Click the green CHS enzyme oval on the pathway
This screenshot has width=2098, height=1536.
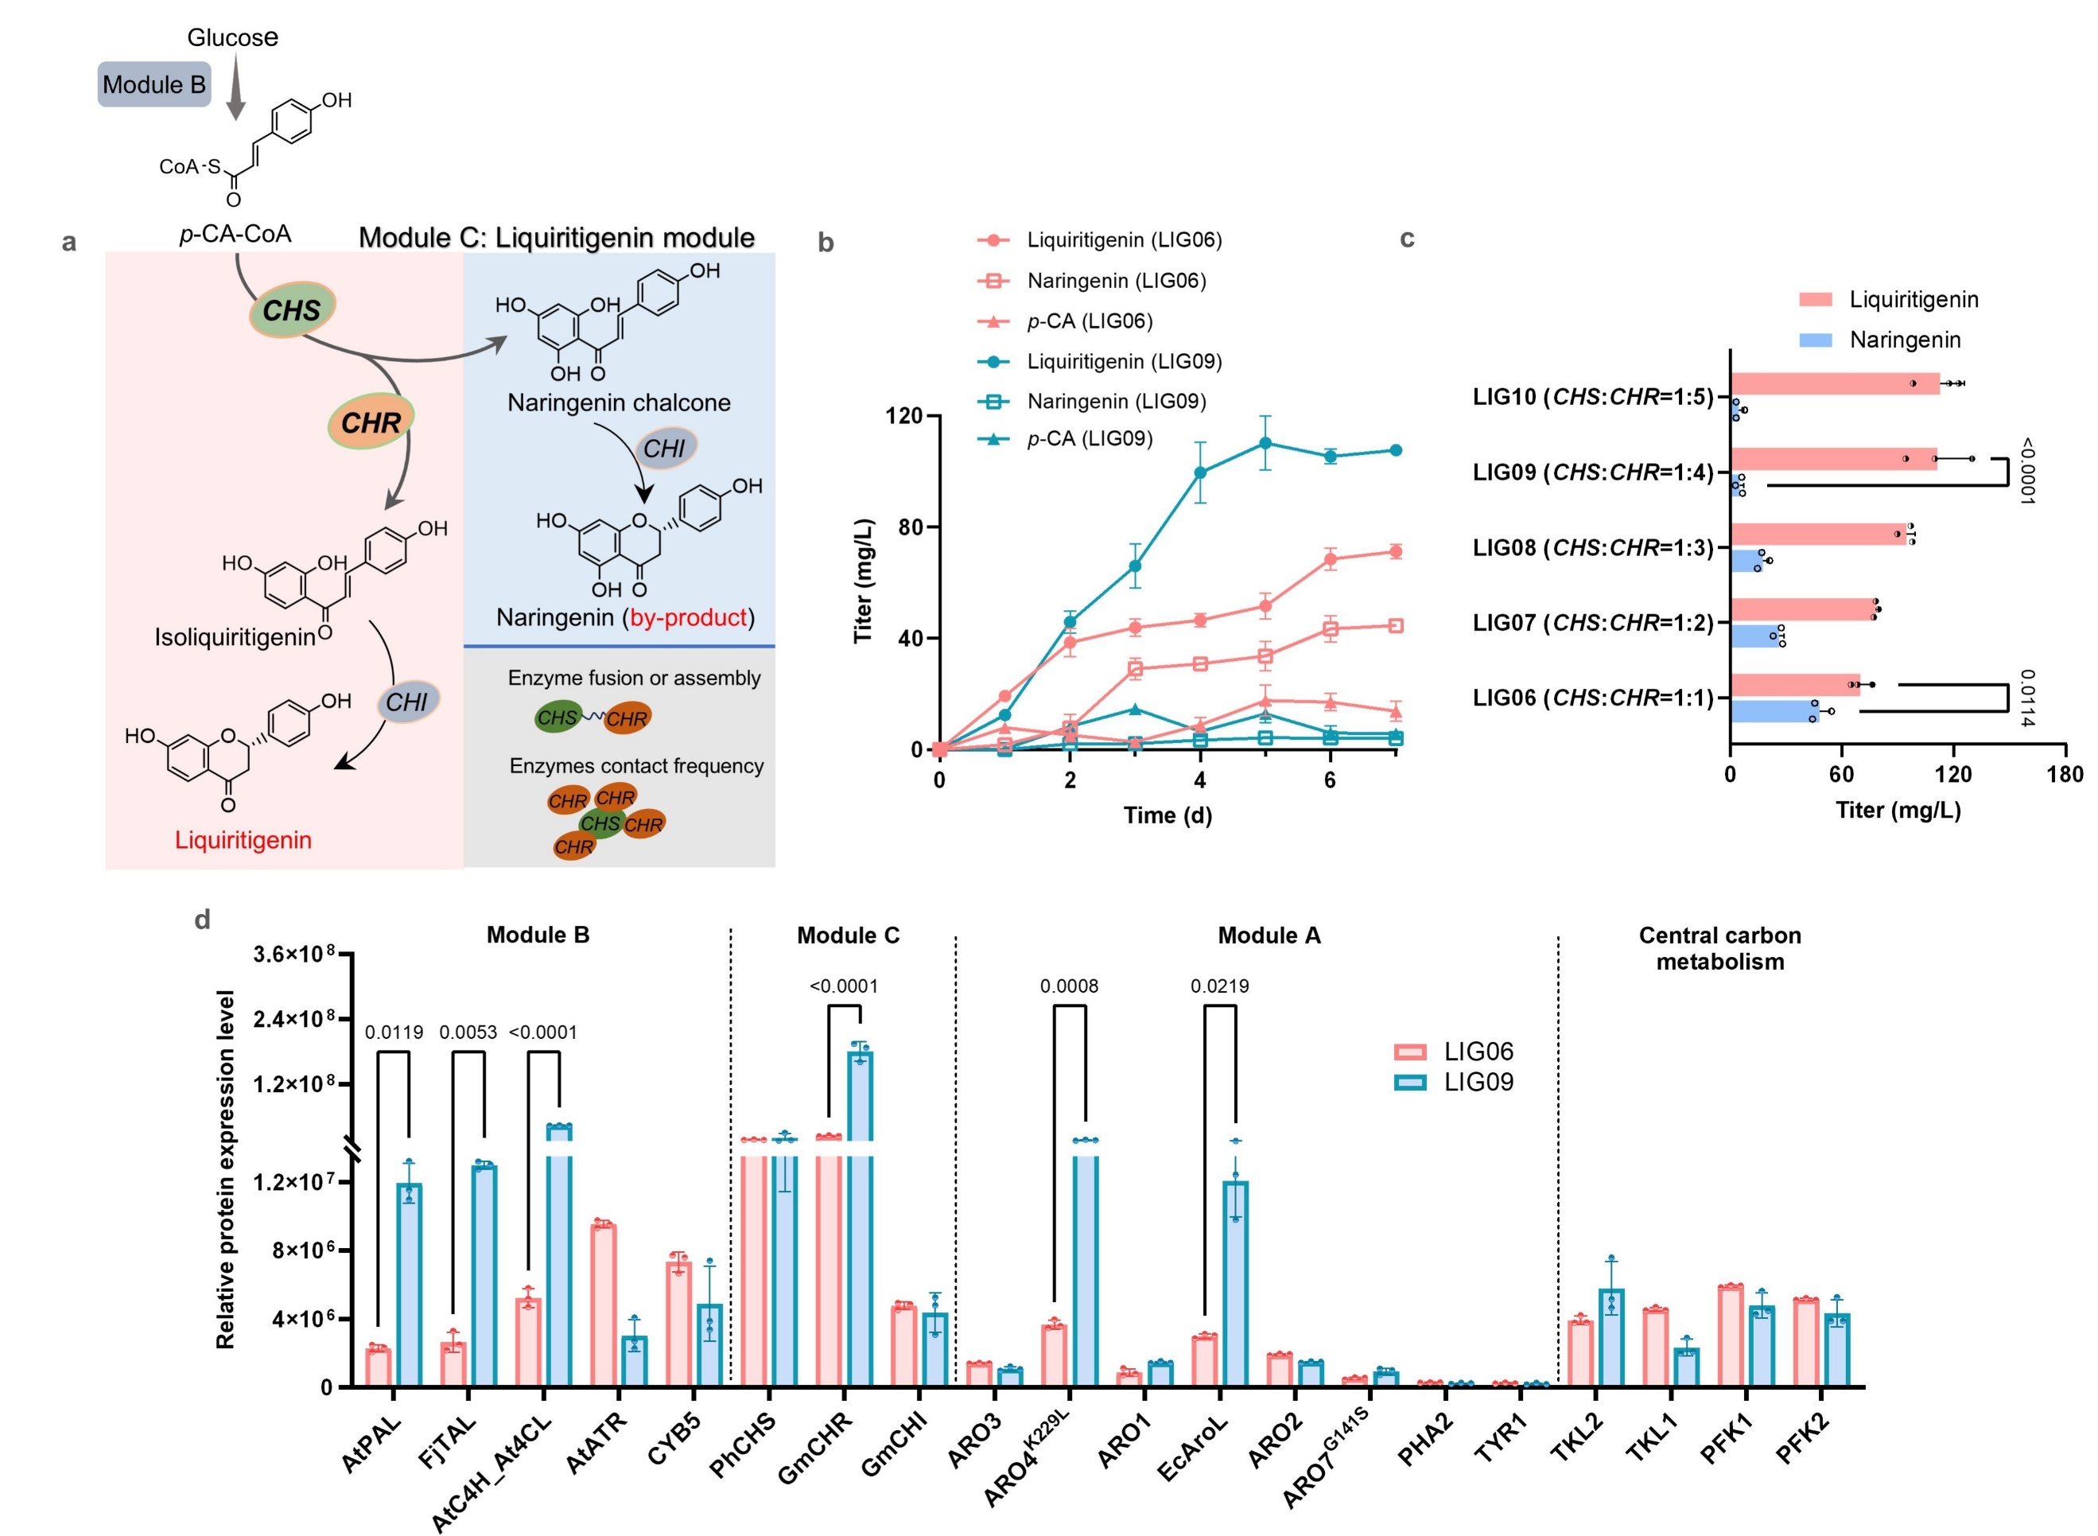[291, 309]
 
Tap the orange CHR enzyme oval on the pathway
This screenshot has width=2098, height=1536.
[370, 422]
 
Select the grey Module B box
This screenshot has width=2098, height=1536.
[154, 84]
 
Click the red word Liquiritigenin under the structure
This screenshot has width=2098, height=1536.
[243, 840]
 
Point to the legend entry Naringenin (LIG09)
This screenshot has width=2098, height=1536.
[1116, 402]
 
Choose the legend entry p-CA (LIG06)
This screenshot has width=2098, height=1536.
[1089, 321]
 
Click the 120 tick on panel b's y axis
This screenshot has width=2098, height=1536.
[903, 415]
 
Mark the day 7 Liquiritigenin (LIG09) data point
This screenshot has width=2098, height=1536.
[1395, 451]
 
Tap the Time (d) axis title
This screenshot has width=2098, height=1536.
[1167, 815]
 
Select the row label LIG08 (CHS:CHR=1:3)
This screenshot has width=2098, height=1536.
[1592, 547]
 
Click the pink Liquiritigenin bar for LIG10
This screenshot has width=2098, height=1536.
[1834, 383]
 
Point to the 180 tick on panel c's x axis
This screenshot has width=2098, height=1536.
[2065, 775]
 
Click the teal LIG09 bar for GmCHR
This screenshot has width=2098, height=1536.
[860, 1218]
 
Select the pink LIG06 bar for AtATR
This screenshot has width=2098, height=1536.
[604, 1305]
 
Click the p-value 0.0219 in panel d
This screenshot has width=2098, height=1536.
[1219, 986]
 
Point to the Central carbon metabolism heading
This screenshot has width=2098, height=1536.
[1719, 948]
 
